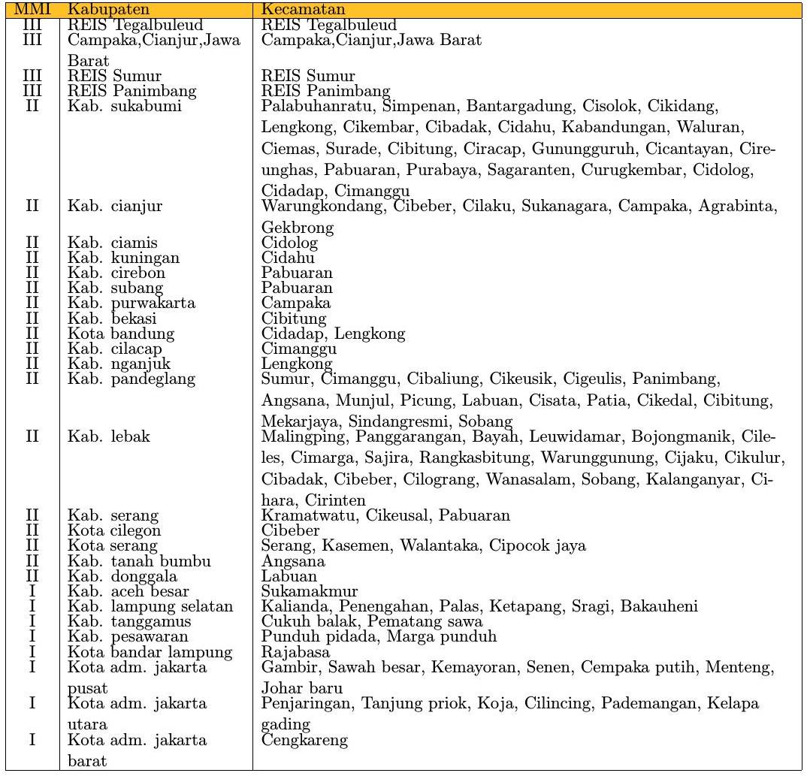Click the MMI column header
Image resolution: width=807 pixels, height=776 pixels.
pyautogui.click(x=32, y=10)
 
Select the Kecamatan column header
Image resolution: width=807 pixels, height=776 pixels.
pyautogui.click(x=303, y=10)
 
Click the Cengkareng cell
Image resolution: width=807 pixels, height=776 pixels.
pyautogui.click(x=304, y=740)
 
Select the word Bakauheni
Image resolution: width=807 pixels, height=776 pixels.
pyautogui.click(x=659, y=606)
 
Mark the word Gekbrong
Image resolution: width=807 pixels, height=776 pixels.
pyautogui.click(x=297, y=227)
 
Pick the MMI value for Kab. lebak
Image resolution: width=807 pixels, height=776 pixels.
pyautogui.click(x=32, y=436)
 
